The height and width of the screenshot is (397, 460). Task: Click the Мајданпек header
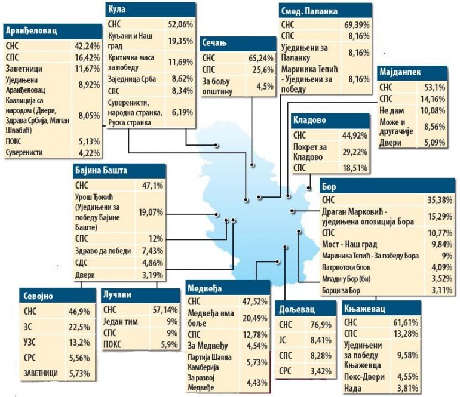click(x=401, y=73)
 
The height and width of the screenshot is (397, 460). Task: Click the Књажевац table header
click(x=365, y=309)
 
